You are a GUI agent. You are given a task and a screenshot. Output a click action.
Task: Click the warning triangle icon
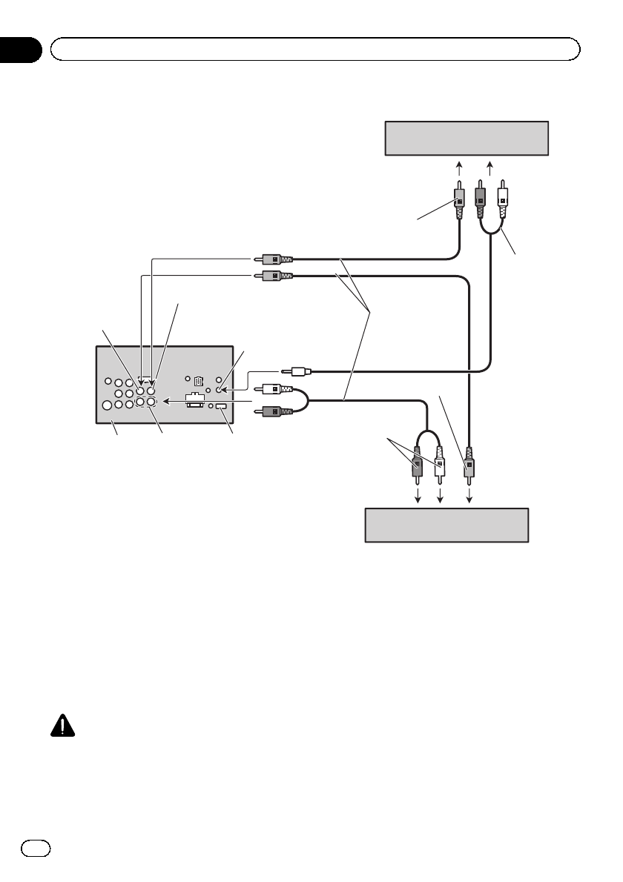(65, 726)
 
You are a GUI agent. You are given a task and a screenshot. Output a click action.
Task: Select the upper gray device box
(467, 138)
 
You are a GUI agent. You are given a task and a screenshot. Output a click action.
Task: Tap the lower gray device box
(446, 525)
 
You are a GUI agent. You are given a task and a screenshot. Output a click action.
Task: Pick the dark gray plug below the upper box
(480, 199)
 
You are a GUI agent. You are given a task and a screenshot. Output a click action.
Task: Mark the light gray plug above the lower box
(469, 465)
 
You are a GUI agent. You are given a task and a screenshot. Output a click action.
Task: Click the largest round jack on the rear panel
(108, 405)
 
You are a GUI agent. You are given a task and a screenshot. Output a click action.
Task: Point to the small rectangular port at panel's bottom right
(220, 406)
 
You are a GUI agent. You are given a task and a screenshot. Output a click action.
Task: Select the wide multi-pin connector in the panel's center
(194, 399)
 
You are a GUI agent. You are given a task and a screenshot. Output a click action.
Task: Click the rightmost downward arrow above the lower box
(469, 494)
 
